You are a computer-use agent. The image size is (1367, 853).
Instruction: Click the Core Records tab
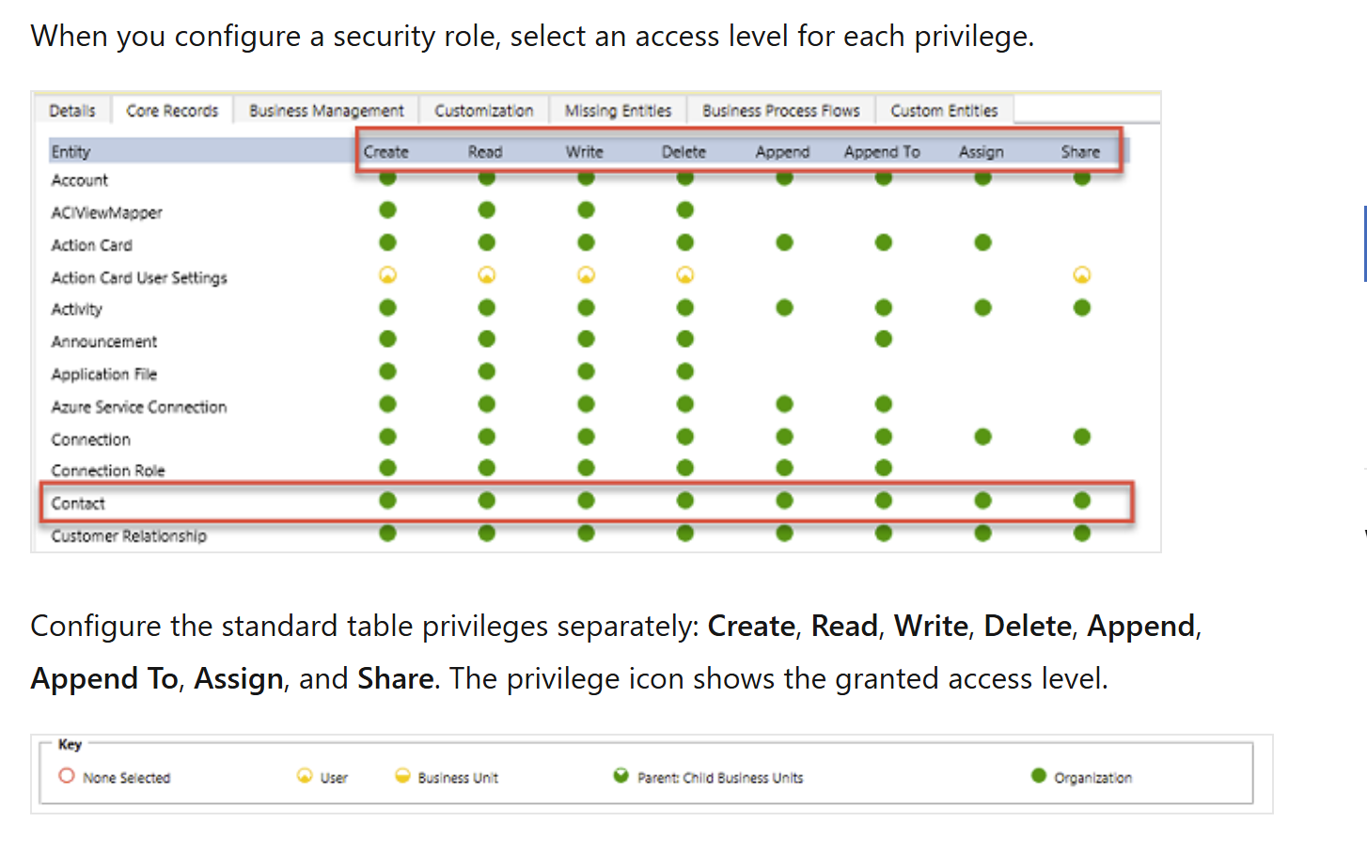[172, 110]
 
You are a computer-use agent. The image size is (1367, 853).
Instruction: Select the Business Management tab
[326, 110]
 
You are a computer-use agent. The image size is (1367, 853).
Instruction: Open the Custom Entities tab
[944, 110]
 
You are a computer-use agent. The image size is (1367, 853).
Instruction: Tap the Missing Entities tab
[618, 110]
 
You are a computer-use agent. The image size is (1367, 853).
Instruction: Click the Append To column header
[882, 152]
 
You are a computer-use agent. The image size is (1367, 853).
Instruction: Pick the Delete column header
[683, 152]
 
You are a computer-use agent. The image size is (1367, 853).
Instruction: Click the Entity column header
[71, 152]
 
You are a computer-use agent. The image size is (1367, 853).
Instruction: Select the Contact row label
[78, 504]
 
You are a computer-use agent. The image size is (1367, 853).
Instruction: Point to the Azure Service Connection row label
[139, 407]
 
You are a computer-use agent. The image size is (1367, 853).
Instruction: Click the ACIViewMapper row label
[107, 213]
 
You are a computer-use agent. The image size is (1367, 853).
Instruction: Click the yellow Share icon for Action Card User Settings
[1081, 275]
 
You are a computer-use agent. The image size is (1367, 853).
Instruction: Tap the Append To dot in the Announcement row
[883, 339]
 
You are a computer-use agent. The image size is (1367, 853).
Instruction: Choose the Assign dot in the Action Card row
[982, 242]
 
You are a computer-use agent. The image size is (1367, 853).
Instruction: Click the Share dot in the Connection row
[1081, 437]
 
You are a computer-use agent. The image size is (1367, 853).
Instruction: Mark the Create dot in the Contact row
[387, 501]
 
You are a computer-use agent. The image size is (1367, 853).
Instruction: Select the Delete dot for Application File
[684, 371]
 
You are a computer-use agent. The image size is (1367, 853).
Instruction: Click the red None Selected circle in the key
[67, 776]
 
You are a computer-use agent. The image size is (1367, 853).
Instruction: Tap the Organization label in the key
[1093, 778]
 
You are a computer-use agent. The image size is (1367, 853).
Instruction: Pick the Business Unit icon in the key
[402, 776]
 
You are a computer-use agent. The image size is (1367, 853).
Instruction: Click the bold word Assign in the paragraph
[239, 678]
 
